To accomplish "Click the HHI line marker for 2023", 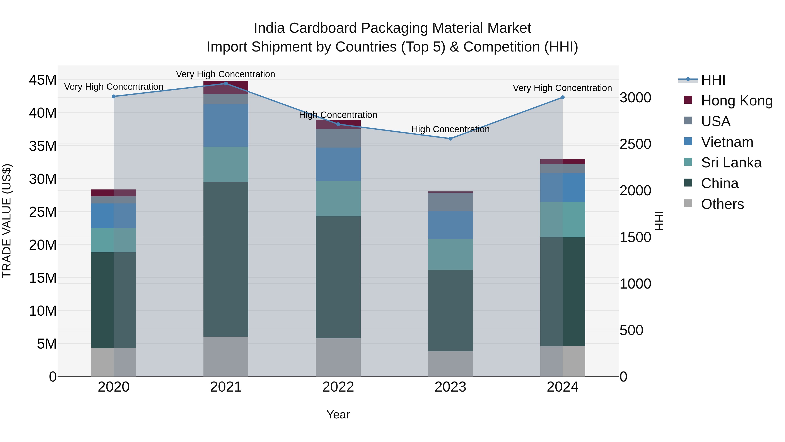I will pyautogui.click(x=451, y=138).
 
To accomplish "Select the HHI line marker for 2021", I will pyautogui.click(x=226, y=83).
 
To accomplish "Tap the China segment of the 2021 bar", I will pyautogui.click(x=226, y=259).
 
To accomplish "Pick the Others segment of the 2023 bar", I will pyautogui.click(x=451, y=364).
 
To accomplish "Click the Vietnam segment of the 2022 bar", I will pyautogui.click(x=338, y=164).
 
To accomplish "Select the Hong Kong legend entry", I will pyautogui.click(x=737, y=101).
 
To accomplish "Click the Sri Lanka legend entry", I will pyautogui.click(x=731, y=163).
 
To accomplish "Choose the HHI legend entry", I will pyautogui.click(x=713, y=80).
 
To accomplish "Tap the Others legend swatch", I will pyautogui.click(x=688, y=203).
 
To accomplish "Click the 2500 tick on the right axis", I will pyautogui.click(x=635, y=144).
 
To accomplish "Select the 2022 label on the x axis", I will pyautogui.click(x=338, y=387).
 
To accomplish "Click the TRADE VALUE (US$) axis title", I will pyautogui.click(x=7, y=221).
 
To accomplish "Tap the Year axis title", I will pyautogui.click(x=338, y=414).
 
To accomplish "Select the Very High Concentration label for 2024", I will pyautogui.click(x=562, y=88).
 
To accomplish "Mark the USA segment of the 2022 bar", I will pyautogui.click(x=338, y=138).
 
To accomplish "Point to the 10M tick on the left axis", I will pyautogui.click(x=43, y=311).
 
